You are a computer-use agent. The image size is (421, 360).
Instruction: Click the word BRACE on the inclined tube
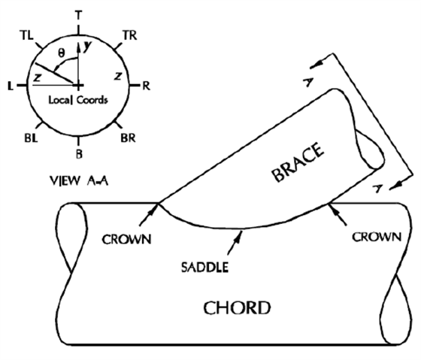coord(298,162)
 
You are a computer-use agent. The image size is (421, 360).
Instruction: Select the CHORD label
coord(237,308)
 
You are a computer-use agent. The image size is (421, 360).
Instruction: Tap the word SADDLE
coord(204,268)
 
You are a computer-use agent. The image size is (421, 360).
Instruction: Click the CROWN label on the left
coord(126,240)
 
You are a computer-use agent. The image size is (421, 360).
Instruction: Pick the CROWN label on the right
coord(377,237)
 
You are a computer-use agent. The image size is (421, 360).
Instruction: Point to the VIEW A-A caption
coord(79,180)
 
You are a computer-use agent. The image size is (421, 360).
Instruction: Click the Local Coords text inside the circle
coord(78,100)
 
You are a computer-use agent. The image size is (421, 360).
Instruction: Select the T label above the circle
coord(78,15)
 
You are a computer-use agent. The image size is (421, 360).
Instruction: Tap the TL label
coord(26,35)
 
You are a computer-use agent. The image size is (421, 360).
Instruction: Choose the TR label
coord(130,35)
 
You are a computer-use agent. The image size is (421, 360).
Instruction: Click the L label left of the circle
coord(11,86)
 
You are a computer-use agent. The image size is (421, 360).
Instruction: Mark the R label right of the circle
coord(146,86)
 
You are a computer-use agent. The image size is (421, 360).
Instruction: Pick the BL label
coord(31,138)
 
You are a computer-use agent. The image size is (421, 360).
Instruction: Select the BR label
coord(128,138)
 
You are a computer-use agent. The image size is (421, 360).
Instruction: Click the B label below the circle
coord(79,154)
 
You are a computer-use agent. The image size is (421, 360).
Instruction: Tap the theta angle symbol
coord(62,53)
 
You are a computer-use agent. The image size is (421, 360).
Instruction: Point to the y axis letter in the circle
coord(87,46)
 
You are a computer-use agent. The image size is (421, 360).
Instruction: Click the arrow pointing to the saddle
coord(235,243)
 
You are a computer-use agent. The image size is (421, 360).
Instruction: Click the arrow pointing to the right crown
coord(337,214)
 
